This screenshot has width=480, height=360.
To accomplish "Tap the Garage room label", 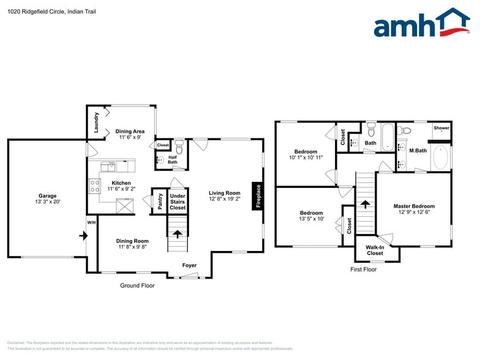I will (x=47, y=196).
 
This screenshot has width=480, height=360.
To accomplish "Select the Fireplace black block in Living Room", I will (x=258, y=197).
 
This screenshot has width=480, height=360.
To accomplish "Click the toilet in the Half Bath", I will (x=179, y=149).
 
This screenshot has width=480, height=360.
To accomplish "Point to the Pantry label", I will (x=160, y=201).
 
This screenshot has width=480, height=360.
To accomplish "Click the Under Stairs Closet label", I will (x=178, y=201).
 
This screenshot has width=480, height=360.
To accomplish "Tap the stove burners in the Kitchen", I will (x=95, y=186).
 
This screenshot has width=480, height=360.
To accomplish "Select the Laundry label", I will (x=96, y=122).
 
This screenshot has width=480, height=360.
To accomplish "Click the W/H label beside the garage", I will (x=91, y=222).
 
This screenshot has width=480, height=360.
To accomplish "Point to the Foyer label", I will (x=189, y=265).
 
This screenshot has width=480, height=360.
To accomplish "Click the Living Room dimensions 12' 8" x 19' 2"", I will (x=224, y=199).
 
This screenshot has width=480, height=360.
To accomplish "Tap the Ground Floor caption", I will (x=137, y=286).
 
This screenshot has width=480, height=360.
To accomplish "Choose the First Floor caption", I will (x=363, y=269).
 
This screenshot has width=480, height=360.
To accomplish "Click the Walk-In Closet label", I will (x=375, y=250).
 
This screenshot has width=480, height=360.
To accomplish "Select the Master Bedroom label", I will (x=414, y=206).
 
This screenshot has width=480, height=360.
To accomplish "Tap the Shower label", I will (x=441, y=128).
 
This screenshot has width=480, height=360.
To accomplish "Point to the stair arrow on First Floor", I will (x=365, y=204).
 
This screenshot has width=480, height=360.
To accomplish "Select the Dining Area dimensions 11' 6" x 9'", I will (x=130, y=138).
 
